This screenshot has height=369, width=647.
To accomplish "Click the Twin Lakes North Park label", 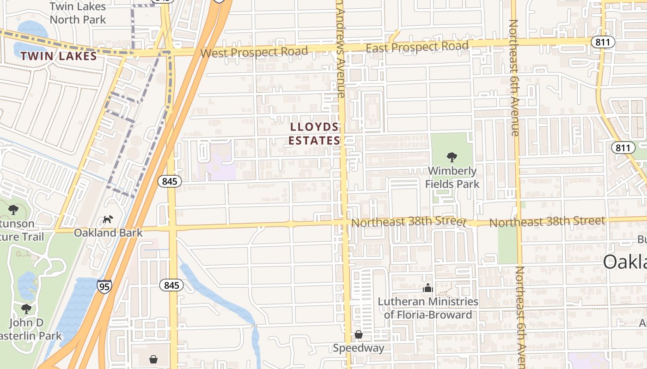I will click(78, 13).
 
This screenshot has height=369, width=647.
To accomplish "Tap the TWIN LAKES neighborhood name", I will click(59, 56).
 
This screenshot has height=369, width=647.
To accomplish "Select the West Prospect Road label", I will click(254, 52).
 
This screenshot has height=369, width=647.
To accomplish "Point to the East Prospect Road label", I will click(417, 47).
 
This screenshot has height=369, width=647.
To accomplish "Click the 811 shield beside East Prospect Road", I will click(603, 42).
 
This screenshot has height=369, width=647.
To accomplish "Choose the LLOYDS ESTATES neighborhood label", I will click(314, 133).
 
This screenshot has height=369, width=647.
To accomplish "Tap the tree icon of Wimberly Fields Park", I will click(452, 157).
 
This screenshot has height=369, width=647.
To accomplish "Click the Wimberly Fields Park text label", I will click(452, 178).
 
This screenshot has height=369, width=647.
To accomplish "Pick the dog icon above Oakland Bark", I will click(108, 219).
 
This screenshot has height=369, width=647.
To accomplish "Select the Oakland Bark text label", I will click(108, 232).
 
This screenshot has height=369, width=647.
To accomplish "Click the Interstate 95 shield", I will click(104, 286).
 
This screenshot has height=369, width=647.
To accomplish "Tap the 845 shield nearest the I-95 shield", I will click(171, 286).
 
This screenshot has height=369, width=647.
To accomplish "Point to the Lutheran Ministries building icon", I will click(427, 288).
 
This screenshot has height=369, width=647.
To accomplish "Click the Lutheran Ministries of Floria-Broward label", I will click(428, 308).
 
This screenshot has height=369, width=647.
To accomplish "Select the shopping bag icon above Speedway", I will click(359, 334).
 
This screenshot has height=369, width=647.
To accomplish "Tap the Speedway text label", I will click(359, 348).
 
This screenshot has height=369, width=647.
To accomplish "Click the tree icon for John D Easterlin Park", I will click(26, 309).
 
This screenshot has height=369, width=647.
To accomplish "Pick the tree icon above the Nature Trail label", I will click(13, 210).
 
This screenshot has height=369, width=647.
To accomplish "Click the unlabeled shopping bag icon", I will click(153, 359).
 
